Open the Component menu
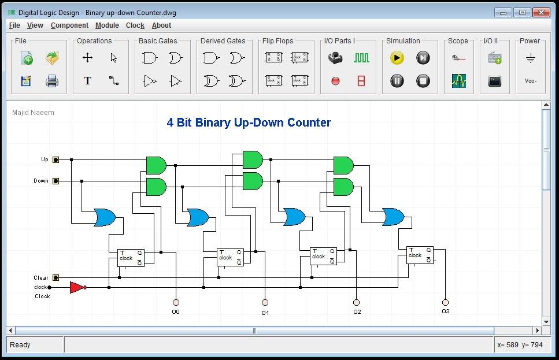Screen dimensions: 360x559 coord(69,25)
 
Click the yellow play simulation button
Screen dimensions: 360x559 coord(397,58)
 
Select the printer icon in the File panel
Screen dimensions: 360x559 coord(52,81)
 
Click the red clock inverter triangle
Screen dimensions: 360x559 coord(77,287)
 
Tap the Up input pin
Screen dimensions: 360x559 coord(55,160)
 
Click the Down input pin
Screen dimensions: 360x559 coord(55,181)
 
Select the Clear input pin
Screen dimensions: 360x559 coord(55,278)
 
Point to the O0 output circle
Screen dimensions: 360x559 coord(176,302)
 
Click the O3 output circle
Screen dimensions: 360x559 coord(445,302)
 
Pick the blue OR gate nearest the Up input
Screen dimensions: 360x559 coord(105,217)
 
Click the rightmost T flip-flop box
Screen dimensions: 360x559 coord(420,255)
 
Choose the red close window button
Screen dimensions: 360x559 coord(542,12)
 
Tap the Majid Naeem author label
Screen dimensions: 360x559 coord(33,113)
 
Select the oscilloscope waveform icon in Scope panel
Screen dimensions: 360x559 coord(458,81)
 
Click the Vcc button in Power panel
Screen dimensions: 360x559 coord(530,81)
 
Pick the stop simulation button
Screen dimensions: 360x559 coord(423,81)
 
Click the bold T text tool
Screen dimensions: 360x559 coord(87,81)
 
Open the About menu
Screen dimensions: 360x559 coord(161,25)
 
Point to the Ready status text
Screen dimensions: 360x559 coord(20,345)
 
